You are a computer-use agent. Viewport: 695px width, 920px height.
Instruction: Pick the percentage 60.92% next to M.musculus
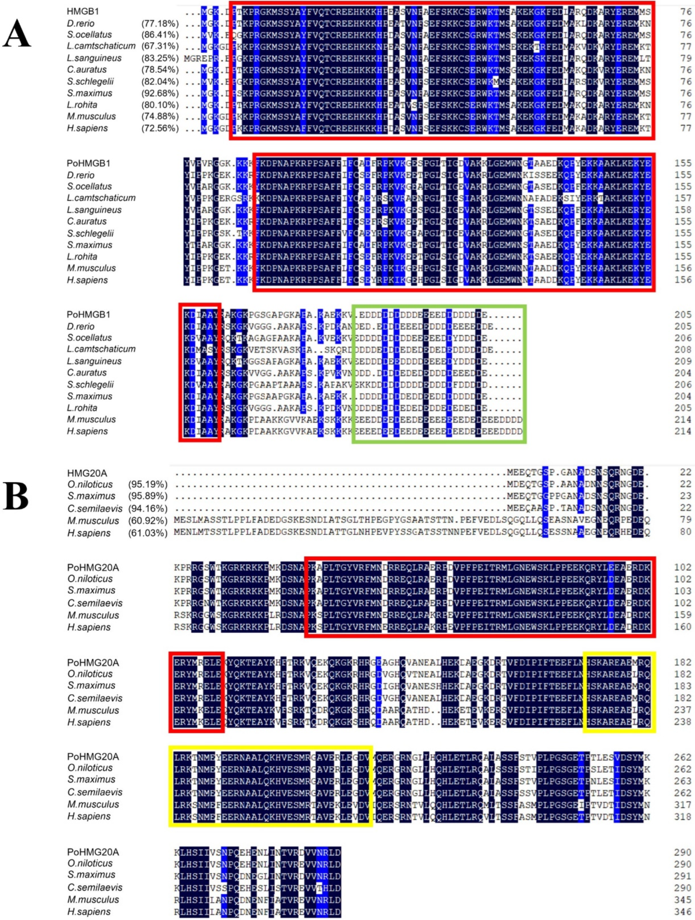(148, 520)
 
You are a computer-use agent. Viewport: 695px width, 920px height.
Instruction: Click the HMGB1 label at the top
(83, 12)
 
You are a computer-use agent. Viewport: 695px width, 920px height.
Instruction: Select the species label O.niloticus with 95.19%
(90, 484)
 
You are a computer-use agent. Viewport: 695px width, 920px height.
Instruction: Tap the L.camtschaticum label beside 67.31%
(101, 46)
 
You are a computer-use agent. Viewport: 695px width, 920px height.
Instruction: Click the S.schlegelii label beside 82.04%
(90, 81)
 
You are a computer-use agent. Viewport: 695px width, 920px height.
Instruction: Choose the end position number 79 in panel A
(686, 58)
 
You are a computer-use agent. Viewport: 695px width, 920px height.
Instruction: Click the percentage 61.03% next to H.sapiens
(148, 532)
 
